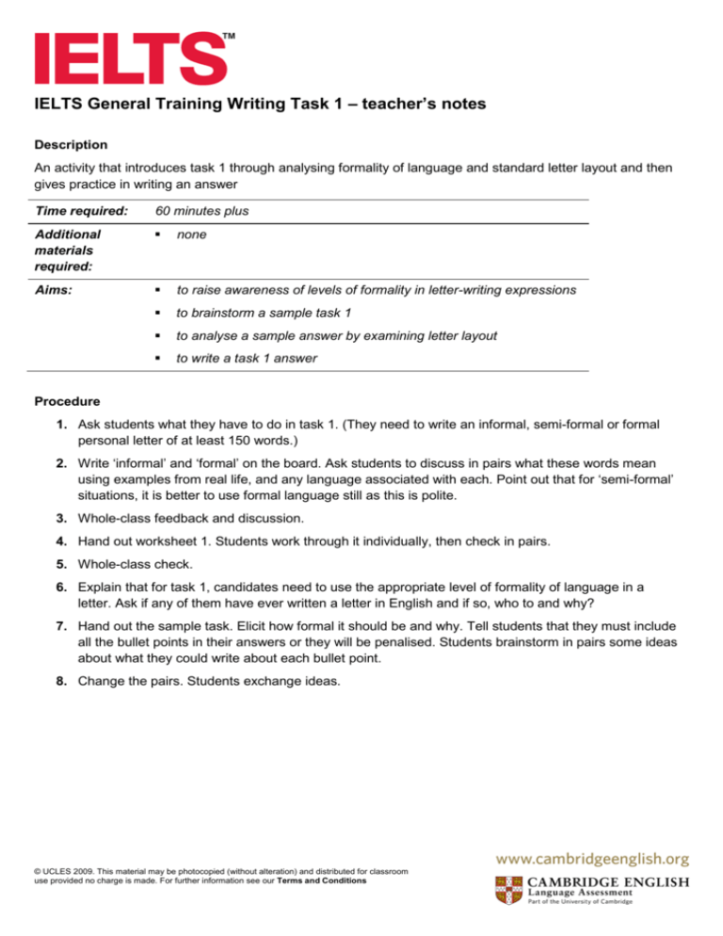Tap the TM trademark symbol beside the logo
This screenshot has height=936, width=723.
pos(228,36)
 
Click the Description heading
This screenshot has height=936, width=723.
pos(71,145)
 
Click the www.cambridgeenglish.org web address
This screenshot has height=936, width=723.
pos(587,858)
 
